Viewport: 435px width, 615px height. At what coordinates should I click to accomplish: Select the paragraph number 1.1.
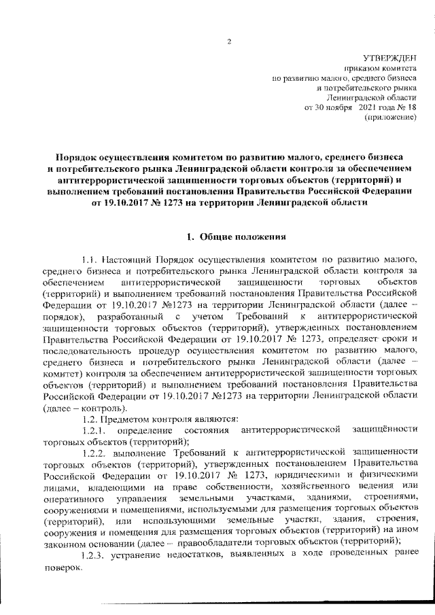90,260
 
